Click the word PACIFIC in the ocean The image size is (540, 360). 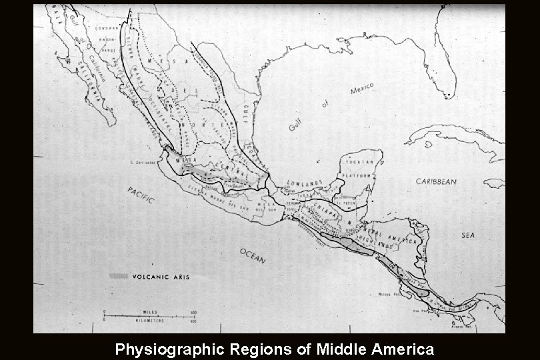point(141,195)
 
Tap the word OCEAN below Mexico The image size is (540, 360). point(253,254)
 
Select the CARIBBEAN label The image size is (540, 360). point(437,181)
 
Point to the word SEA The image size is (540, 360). point(467,235)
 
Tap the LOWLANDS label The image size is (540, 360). point(305,182)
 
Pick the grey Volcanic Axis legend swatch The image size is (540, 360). point(119,275)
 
